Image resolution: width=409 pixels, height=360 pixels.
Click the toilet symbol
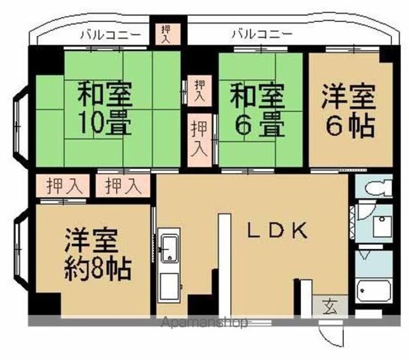point(379,186)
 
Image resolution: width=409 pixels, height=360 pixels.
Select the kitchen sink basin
point(169,248)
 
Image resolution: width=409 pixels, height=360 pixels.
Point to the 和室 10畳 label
point(105,108)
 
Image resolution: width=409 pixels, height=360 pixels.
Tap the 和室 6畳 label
point(257,110)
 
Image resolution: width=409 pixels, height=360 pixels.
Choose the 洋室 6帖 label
point(349,110)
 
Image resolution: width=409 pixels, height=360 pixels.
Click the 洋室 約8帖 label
point(98,255)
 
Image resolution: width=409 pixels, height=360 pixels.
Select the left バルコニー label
point(111,34)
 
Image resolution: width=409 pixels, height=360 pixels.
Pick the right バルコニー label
point(262,34)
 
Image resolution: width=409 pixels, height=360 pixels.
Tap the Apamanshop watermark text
point(204,322)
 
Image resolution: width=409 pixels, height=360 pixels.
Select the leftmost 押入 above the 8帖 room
point(63,186)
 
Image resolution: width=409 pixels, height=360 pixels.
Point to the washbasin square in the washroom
point(382,226)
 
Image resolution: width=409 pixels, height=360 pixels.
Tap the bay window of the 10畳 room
point(21,124)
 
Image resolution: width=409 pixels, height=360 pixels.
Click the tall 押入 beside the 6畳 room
point(199,140)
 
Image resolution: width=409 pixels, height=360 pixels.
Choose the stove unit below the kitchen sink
point(169,287)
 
